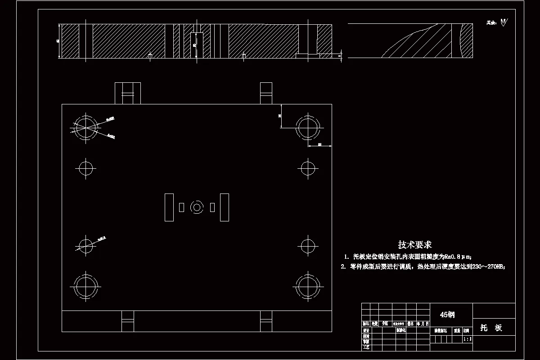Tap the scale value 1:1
pyautogui.click(x=468, y=339)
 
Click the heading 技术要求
pyautogui.click(x=414, y=244)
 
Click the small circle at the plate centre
pyautogui.click(x=197, y=207)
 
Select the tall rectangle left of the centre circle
pyautogui.click(x=169, y=207)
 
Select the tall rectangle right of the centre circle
pyautogui.click(x=224, y=207)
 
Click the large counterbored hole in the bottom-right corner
pyautogui.click(x=308, y=286)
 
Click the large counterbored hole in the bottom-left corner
pyautogui.click(x=85, y=286)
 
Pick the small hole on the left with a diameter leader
pyautogui.click(x=85, y=245)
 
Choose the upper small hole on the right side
pyautogui.click(x=308, y=168)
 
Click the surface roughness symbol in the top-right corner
pyautogui.click(x=503, y=22)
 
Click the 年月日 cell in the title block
pyautogui.click(x=423, y=324)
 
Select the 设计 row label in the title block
pyautogui.click(x=366, y=330)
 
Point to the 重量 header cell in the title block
pyautogui.click(x=457, y=330)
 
